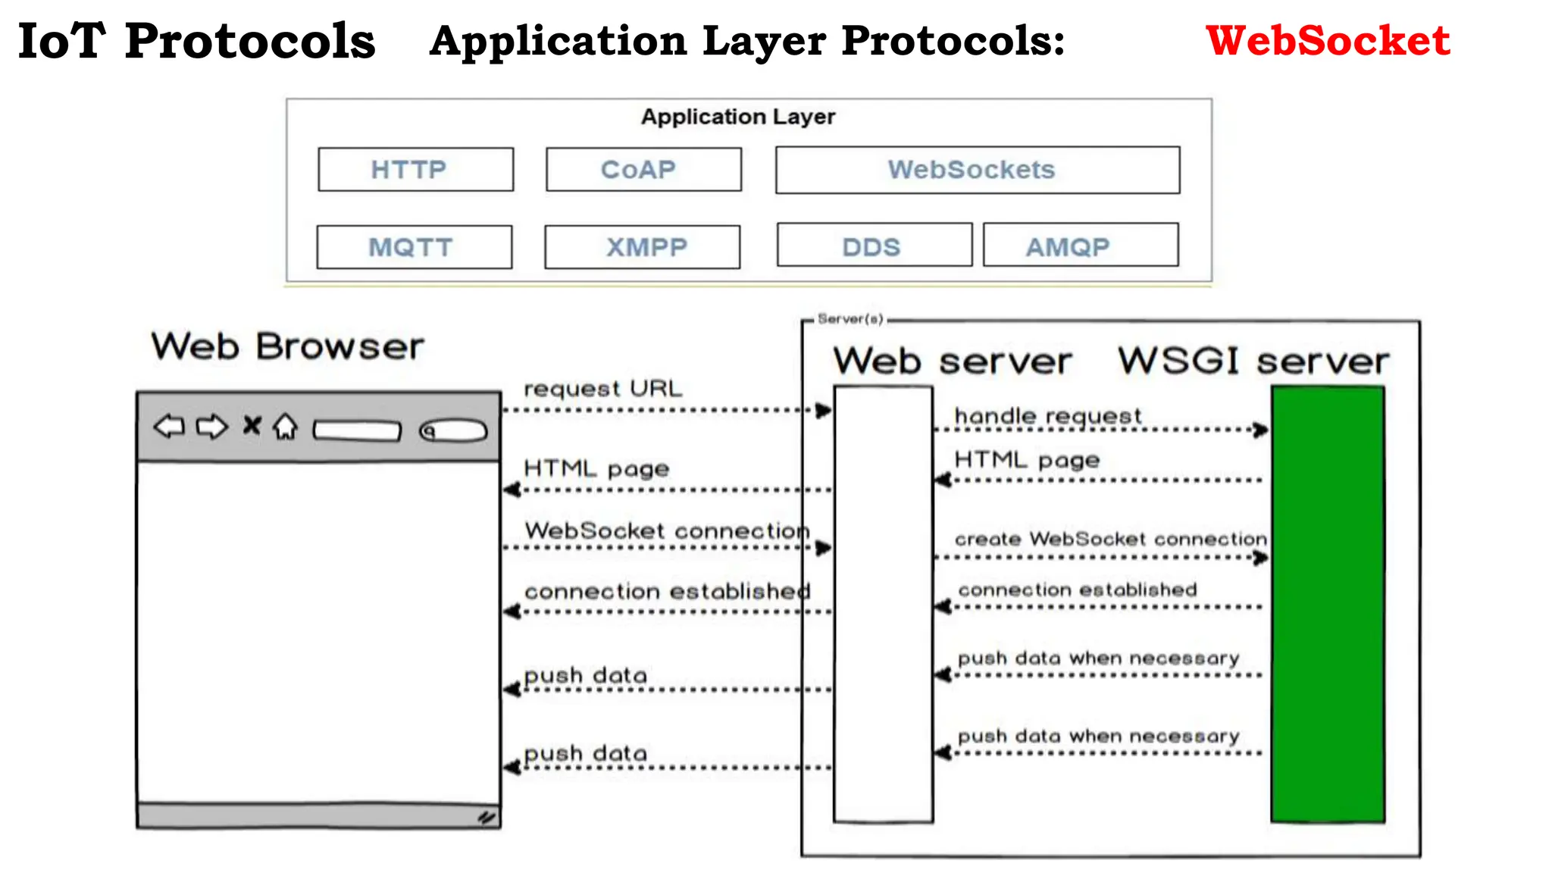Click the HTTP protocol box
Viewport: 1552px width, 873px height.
[x=415, y=170]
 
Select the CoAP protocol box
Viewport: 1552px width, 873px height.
[x=643, y=170]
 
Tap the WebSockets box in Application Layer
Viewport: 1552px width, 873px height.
[x=977, y=170]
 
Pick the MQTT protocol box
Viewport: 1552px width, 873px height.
[x=414, y=247]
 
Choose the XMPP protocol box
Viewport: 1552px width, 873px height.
[x=642, y=247]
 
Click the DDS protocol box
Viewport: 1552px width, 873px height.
[x=874, y=246]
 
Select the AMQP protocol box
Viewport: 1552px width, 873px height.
[x=1080, y=246]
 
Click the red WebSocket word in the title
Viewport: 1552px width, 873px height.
[x=1328, y=41]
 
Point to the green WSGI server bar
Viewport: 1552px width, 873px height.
[x=1328, y=603]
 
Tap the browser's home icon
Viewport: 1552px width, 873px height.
[x=286, y=427]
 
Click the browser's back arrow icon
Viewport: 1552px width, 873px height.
[x=169, y=427]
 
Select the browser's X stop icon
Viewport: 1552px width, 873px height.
[x=252, y=426]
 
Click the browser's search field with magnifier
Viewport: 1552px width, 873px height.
[x=453, y=430]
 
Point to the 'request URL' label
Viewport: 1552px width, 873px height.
[x=602, y=389]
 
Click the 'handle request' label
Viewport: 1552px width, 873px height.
[x=1047, y=416]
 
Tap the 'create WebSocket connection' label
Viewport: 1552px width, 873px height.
[x=1110, y=539]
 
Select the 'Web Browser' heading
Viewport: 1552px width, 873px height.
[x=287, y=347]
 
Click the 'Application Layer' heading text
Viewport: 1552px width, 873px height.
[x=738, y=117]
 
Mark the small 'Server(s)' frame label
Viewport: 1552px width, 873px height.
[x=850, y=319]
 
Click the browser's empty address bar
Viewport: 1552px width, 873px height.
[x=357, y=430]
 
